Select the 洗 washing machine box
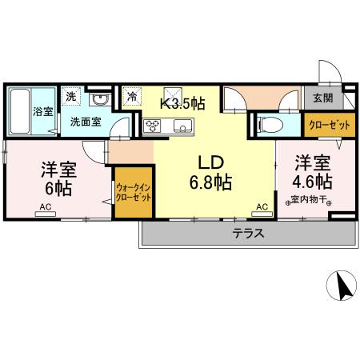(x=71, y=96)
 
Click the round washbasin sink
(x=99, y=99)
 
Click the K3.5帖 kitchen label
(x=184, y=103)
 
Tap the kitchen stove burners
(x=153, y=126)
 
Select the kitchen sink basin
(x=181, y=126)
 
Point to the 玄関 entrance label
(x=323, y=98)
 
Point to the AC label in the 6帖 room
(x=43, y=206)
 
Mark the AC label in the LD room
(x=261, y=206)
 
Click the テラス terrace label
(x=249, y=234)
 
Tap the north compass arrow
(x=342, y=286)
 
